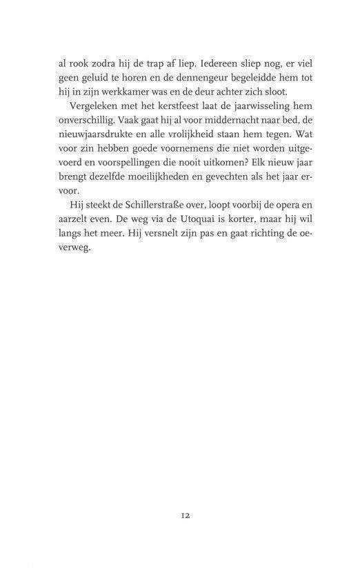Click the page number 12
[x=181, y=515]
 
